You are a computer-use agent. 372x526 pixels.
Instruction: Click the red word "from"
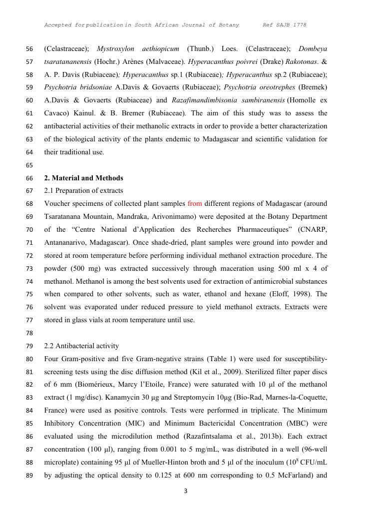tap(195, 204)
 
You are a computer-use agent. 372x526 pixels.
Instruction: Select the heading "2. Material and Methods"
tap(83, 178)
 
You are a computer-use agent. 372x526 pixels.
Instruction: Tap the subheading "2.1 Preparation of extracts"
tap(83, 191)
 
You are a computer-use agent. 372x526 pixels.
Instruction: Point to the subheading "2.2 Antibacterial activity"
tap(82, 346)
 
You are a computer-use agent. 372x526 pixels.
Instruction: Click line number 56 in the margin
tap(29, 49)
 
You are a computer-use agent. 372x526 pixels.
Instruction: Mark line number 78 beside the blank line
tap(29, 333)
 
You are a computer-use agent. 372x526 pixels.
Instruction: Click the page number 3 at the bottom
tap(186, 491)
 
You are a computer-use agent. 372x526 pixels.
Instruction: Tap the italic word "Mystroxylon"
tap(116, 49)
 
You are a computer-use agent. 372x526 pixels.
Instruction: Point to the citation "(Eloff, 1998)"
tap(296, 294)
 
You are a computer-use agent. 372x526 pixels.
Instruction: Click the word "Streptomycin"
tap(222, 398)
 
